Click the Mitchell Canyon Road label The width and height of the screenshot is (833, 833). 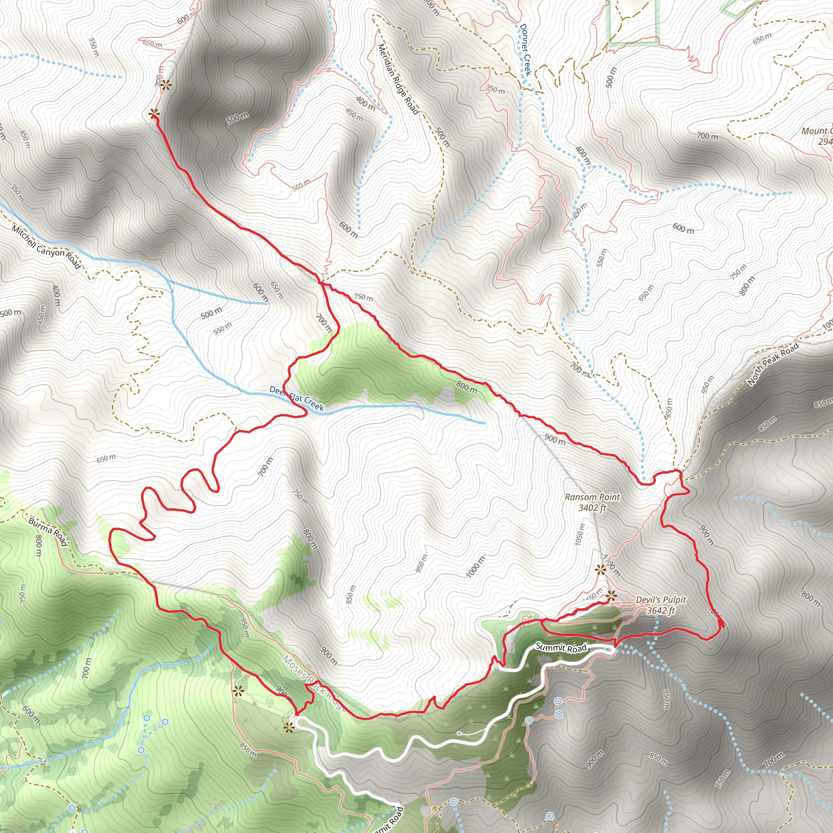(46, 247)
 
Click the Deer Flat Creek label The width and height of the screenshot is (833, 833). (296, 398)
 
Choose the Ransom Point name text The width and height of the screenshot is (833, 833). (592, 497)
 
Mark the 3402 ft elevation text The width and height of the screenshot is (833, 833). (592, 508)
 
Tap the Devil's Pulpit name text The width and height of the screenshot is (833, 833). (661, 600)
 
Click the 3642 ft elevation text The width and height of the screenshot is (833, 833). (661, 610)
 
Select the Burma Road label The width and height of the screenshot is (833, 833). (48, 532)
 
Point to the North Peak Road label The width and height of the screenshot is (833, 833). (774, 364)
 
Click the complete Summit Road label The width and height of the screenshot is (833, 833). (561, 647)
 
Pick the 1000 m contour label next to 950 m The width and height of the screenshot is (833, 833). (475, 567)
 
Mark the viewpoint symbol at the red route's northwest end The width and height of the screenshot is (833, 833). (153, 114)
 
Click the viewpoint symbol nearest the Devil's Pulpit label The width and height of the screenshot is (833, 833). (611, 597)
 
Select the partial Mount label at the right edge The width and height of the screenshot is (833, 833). (817, 131)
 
